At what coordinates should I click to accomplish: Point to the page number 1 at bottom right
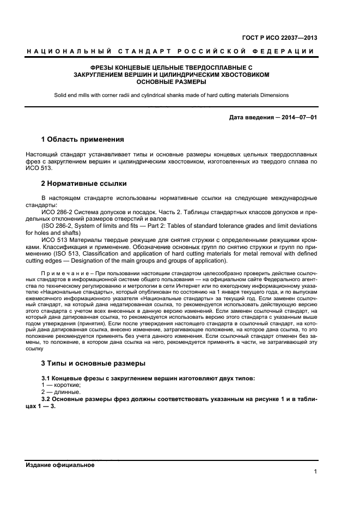click(x=315, y=472)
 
